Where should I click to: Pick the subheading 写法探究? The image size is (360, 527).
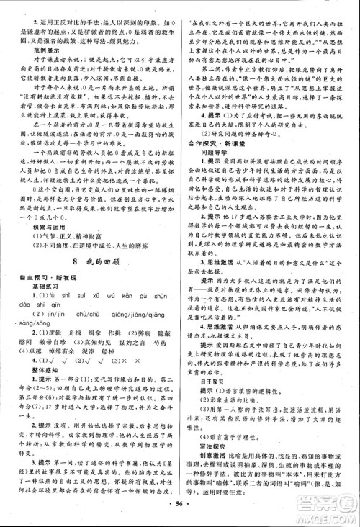coord(206,465)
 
